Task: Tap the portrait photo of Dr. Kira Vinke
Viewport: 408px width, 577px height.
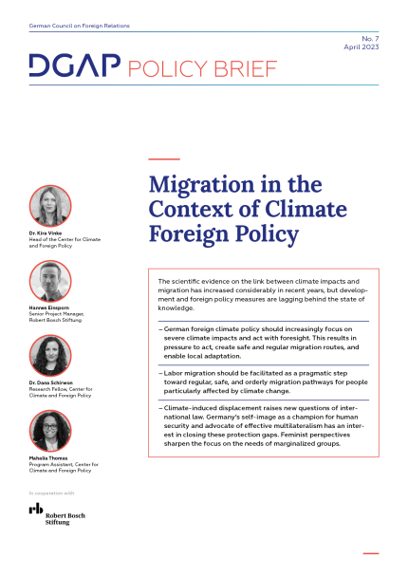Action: [x=50, y=205]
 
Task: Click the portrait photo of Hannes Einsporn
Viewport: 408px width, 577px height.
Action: [x=50, y=280]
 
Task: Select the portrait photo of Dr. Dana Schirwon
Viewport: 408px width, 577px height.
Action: [x=50, y=355]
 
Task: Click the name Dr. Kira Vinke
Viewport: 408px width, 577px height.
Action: [x=48, y=233]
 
